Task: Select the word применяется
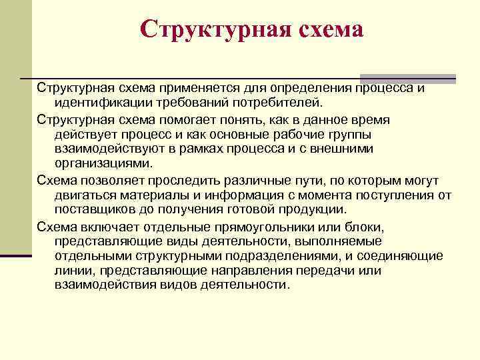[x=194, y=89]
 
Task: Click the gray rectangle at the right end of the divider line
[x=407, y=78]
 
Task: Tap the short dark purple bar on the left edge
[x=16, y=255]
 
